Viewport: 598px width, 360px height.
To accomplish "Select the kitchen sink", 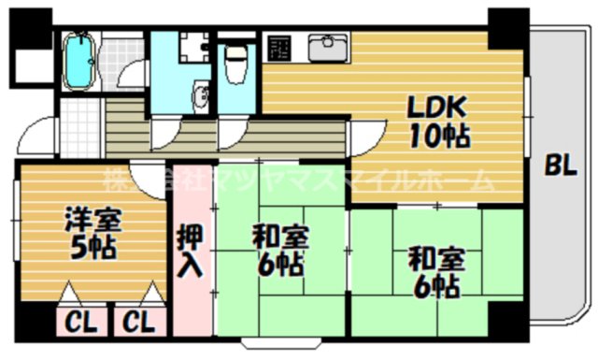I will pos(327,47).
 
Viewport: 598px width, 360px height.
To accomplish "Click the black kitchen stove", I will pos(278,47).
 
